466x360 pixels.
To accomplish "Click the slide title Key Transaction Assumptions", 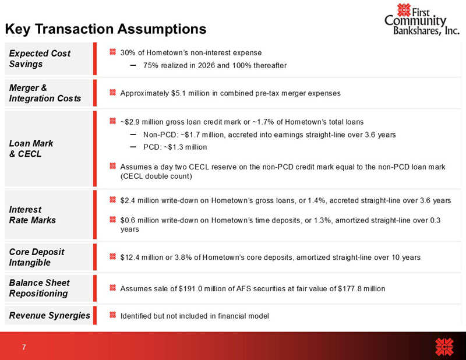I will point(105,29).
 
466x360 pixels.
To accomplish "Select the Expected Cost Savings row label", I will point(40,58).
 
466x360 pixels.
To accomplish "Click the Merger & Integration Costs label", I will point(45,93).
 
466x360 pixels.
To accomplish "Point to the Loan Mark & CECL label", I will point(30,148).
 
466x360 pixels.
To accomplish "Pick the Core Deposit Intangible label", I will point(37,257).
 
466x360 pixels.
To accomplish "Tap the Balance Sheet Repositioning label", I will point(39,288).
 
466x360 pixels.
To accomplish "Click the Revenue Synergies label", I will point(50,315).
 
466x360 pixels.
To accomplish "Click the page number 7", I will point(24,348).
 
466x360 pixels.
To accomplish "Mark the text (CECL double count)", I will point(156,175).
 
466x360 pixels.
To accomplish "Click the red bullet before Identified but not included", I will point(112,316).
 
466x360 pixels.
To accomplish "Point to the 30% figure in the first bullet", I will point(128,53).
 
